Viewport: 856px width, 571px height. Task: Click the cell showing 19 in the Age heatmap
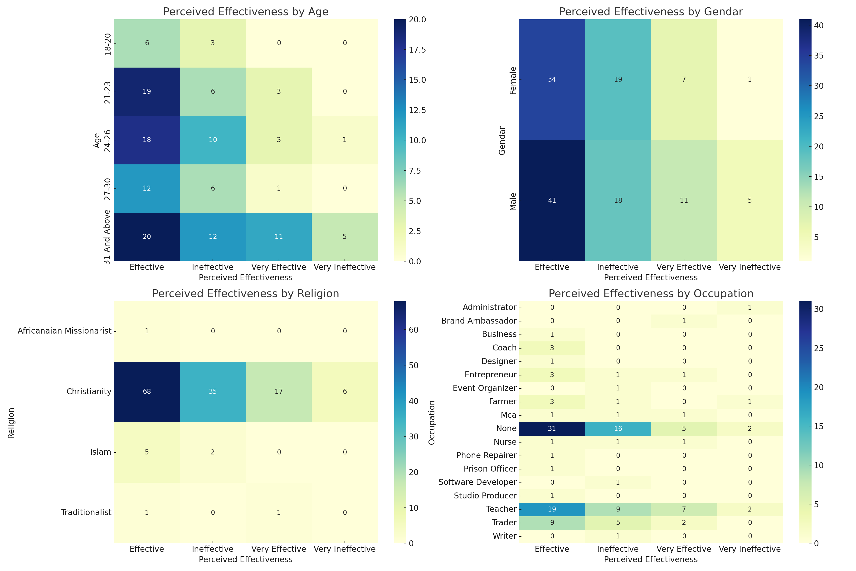(x=147, y=91)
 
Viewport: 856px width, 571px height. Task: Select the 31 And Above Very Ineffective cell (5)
(x=344, y=237)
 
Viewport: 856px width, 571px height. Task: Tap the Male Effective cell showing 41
(x=552, y=200)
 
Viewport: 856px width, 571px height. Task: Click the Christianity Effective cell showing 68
(x=147, y=391)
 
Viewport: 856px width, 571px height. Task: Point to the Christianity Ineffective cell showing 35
(x=213, y=391)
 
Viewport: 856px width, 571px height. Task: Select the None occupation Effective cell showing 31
(x=552, y=429)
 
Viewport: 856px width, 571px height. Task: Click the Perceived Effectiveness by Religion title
(x=245, y=294)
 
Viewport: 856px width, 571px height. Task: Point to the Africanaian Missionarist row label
(x=64, y=331)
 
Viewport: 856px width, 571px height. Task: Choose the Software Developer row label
(x=477, y=482)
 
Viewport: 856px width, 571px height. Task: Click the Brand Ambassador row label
(x=479, y=321)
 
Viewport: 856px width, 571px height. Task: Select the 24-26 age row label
(x=107, y=140)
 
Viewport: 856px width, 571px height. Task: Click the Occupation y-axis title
(x=432, y=423)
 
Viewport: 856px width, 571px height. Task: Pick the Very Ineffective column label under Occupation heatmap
(x=749, y=549)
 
